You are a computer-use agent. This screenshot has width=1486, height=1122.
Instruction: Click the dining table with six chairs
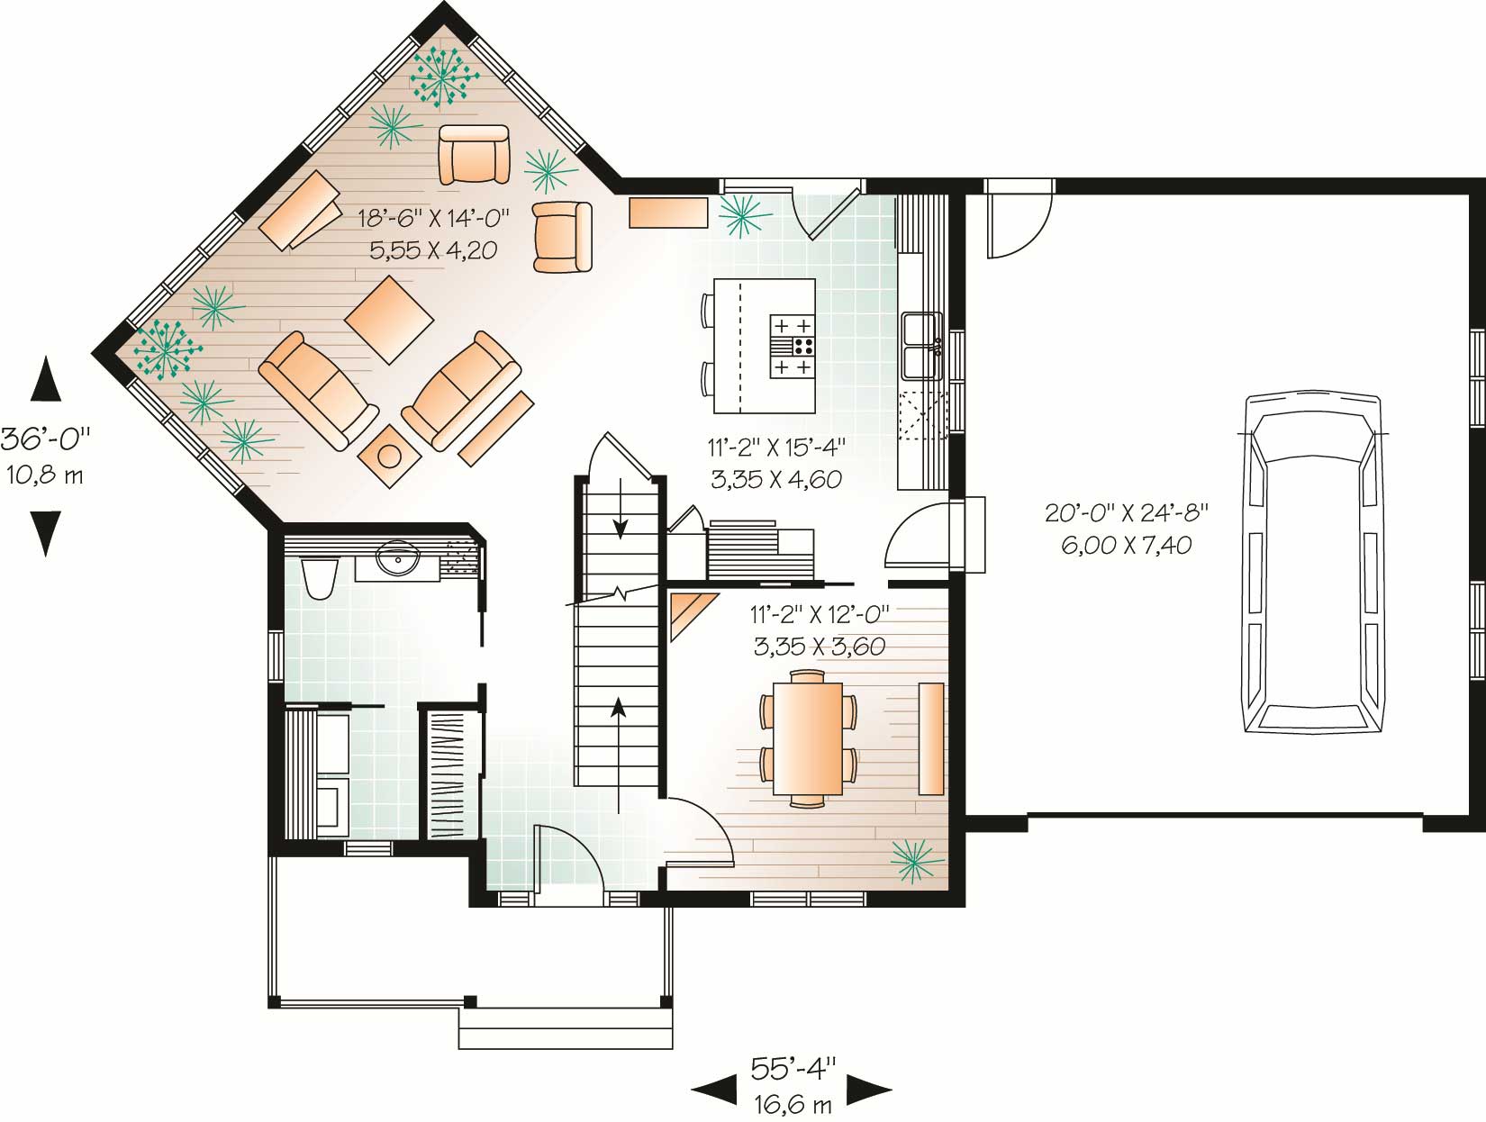coord(808,737)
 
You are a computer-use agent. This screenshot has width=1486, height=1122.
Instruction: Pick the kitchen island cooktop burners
coord(793,346)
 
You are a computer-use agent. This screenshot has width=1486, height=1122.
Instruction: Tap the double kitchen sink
coord(921,347)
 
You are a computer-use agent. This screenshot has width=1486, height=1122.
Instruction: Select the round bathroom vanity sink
coord(397,558)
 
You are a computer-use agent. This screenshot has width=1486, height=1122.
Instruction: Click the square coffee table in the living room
coord(389,319)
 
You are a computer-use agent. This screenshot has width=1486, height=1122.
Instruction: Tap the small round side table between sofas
coord(388,456)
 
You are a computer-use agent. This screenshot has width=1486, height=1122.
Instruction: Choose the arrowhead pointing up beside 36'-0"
coord(45,378)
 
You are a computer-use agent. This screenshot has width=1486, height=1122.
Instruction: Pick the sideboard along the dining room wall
coord(930,738)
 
